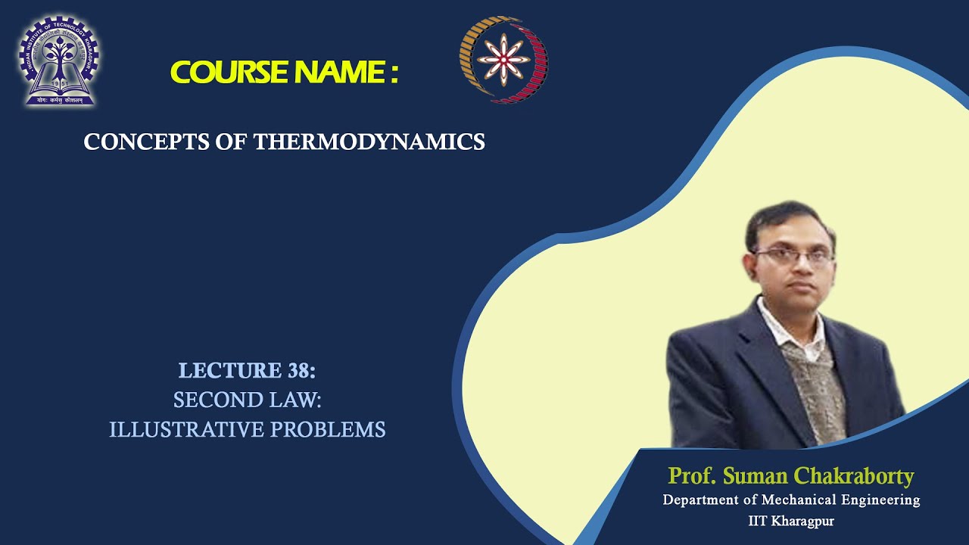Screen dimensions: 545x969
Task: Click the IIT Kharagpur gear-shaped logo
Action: coord(58,61)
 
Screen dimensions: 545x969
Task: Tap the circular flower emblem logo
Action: coord(503,60)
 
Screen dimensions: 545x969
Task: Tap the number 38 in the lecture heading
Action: coord(300,371)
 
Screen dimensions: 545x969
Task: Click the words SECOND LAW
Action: coord(248,400)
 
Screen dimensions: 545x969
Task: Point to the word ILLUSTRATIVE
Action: coord(185,430)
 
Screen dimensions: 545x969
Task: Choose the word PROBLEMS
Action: coord(328,430)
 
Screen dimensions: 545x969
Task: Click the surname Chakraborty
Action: coord(855,476)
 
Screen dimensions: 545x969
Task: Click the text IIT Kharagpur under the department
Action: coord(791,522)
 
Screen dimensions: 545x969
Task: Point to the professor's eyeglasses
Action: coord(793,256)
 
